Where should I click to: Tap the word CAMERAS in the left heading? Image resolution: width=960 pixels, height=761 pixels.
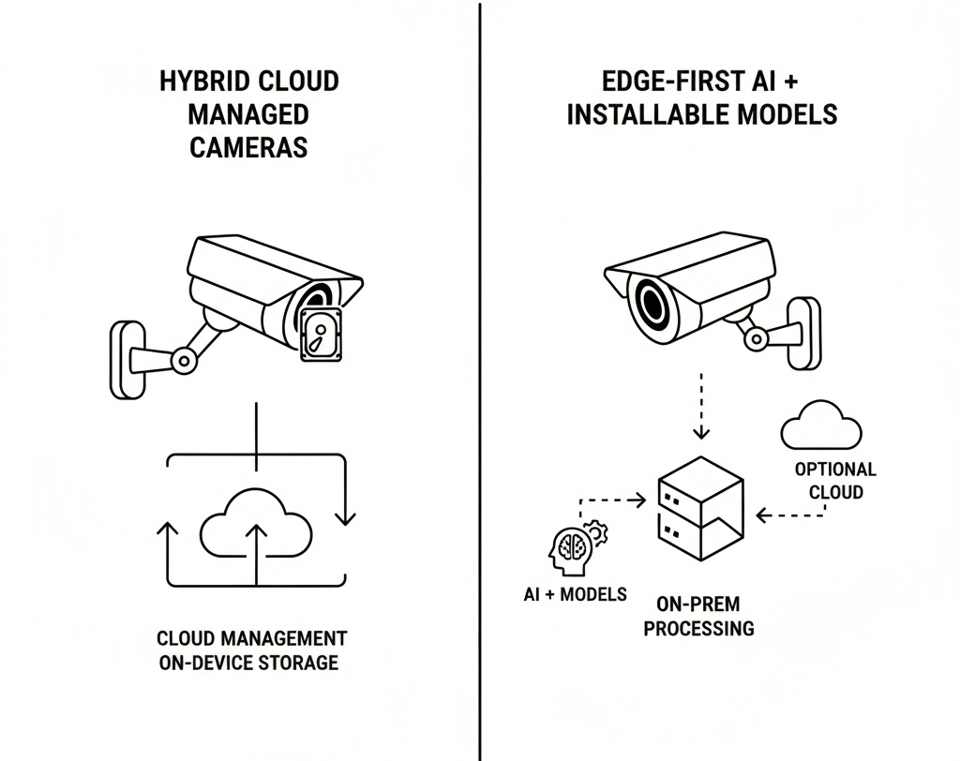pos(248,148)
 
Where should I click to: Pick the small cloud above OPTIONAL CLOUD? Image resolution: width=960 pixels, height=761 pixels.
pos(820,425)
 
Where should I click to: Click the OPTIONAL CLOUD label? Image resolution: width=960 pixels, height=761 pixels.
pos(834,480)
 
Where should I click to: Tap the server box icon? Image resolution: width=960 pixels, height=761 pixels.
pos(699,511)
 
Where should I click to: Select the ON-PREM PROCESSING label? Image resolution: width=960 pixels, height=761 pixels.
pos(698,617)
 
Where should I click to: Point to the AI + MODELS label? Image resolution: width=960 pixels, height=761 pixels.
pos(575,594)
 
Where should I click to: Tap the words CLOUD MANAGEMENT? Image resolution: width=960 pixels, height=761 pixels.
pos(251,638)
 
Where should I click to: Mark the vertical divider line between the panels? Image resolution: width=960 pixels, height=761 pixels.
pos(480,375)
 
